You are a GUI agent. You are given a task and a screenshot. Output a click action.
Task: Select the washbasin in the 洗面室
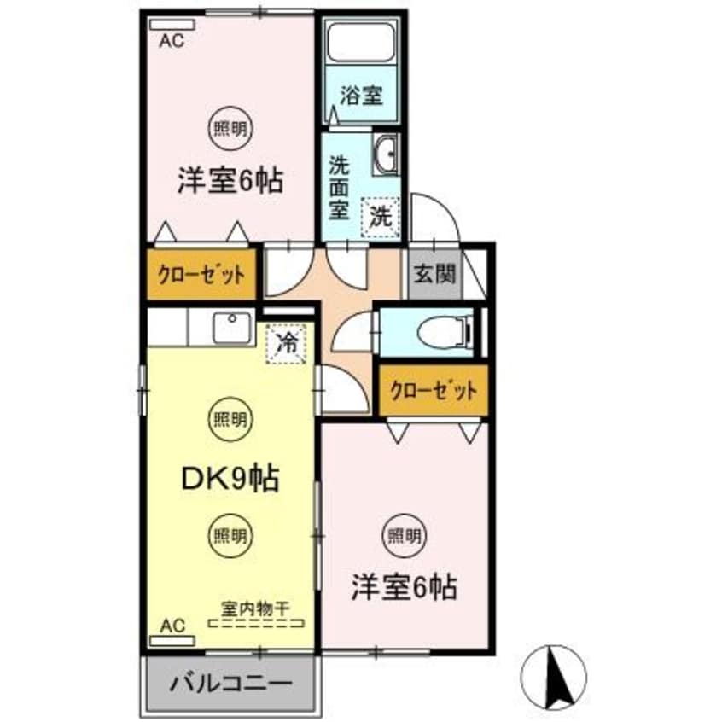387,154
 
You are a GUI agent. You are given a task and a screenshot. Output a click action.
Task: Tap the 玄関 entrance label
434,275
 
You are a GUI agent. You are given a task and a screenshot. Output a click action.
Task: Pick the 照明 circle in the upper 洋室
230,130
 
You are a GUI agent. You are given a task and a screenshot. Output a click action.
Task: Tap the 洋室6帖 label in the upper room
230,181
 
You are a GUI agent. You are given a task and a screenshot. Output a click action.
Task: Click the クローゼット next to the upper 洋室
202,275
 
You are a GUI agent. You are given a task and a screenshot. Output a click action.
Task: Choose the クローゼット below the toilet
434,391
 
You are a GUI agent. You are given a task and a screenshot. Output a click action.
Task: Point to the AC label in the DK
172,626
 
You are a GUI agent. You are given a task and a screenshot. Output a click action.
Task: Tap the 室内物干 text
255,608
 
